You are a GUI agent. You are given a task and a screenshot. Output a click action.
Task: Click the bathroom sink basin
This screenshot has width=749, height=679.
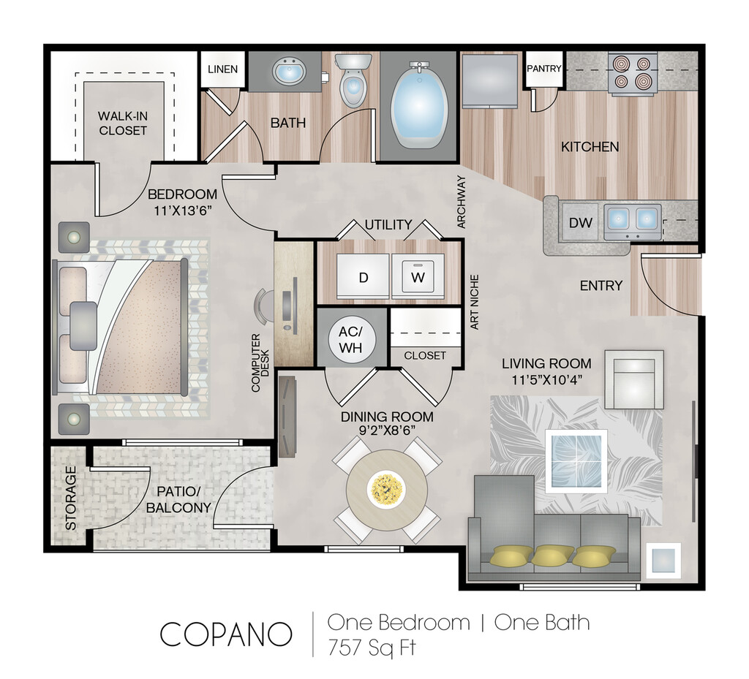click(288, 72)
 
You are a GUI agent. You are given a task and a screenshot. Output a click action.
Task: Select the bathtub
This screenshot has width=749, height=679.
click(419, 105)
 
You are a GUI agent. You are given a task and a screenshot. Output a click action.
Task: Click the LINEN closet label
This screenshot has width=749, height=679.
click(222, 69)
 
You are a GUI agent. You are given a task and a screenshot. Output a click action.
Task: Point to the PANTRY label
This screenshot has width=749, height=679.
click(544, 69)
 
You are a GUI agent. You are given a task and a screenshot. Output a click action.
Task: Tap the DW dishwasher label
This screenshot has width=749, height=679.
click(580, 222)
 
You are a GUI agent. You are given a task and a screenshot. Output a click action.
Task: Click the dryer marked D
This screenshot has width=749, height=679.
click(363, 276)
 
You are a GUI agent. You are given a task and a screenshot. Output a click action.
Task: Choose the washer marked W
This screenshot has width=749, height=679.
click(418, 276)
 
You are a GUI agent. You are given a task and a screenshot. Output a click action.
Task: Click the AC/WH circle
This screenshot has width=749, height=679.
click(351, 340)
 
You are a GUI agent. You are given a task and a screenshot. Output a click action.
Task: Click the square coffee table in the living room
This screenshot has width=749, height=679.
click(577, 460)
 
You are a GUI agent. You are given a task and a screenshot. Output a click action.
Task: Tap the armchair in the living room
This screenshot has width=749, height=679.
click(634, 379)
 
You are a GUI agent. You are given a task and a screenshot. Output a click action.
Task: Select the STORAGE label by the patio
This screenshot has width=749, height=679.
click(71, 498)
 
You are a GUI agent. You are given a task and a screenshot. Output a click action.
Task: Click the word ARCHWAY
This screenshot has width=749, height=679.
click(461, 202)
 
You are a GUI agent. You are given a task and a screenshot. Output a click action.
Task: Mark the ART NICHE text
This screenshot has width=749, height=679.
click(474, 302)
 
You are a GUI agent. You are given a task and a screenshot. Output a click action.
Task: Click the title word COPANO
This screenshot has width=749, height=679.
click(225, 634)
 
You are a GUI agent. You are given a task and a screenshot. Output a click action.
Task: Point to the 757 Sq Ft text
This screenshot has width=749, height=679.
click(372, 648)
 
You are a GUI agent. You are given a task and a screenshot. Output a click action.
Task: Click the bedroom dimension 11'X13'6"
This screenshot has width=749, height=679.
click(182, 210)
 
